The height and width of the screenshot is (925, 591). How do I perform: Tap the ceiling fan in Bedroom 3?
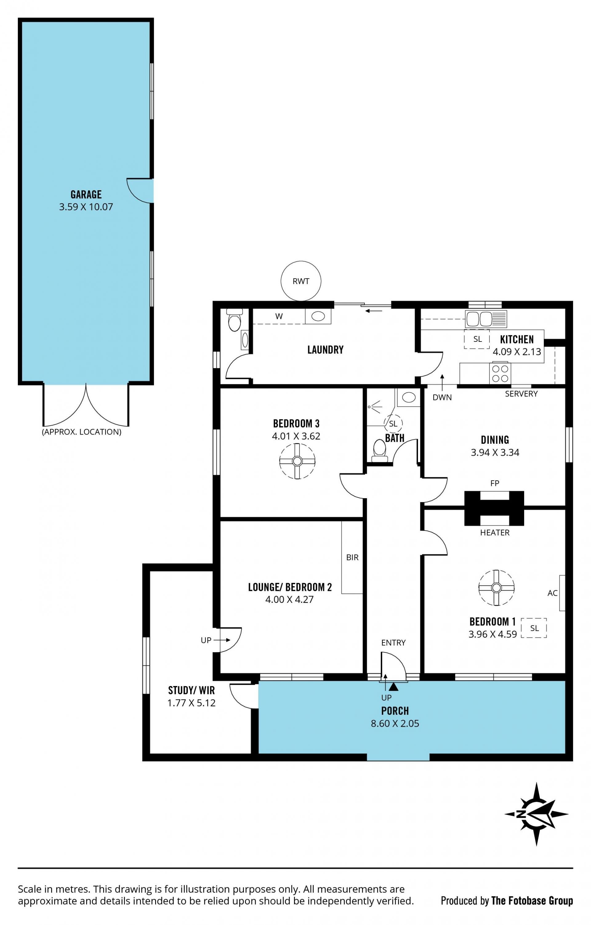[297, 461]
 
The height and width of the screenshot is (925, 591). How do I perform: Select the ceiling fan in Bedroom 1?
[496, 588]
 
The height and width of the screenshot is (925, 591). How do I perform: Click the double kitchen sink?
[486, 319]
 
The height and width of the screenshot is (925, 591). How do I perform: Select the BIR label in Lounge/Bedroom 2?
[352, 557]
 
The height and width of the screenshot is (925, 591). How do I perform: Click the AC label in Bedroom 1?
[552, 593]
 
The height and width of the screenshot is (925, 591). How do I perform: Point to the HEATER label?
[495, 532]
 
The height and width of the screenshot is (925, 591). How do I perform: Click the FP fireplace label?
[495, 483]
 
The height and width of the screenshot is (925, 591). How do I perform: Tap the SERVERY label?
[521, 394]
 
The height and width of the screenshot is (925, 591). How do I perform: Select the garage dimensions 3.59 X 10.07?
[86, 207]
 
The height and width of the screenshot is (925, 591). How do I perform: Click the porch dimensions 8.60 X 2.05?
[395, 723]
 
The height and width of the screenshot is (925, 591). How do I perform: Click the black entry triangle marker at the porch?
[393, 686]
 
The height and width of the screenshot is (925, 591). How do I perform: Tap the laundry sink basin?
[318, 316]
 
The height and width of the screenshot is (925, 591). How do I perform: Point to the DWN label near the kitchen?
[442, 398]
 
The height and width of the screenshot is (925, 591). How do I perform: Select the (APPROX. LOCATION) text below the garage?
[81, 432]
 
